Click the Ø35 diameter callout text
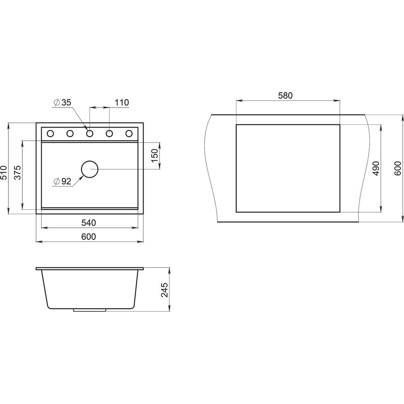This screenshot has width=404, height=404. tap(62, 103)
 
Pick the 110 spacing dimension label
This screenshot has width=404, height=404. tap(122, 103)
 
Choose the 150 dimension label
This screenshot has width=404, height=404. tap(154, 156)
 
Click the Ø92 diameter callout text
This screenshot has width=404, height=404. tap(62, 181)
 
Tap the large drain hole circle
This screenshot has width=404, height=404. tap(90, 169)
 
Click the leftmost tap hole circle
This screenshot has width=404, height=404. tap(50, 133)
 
